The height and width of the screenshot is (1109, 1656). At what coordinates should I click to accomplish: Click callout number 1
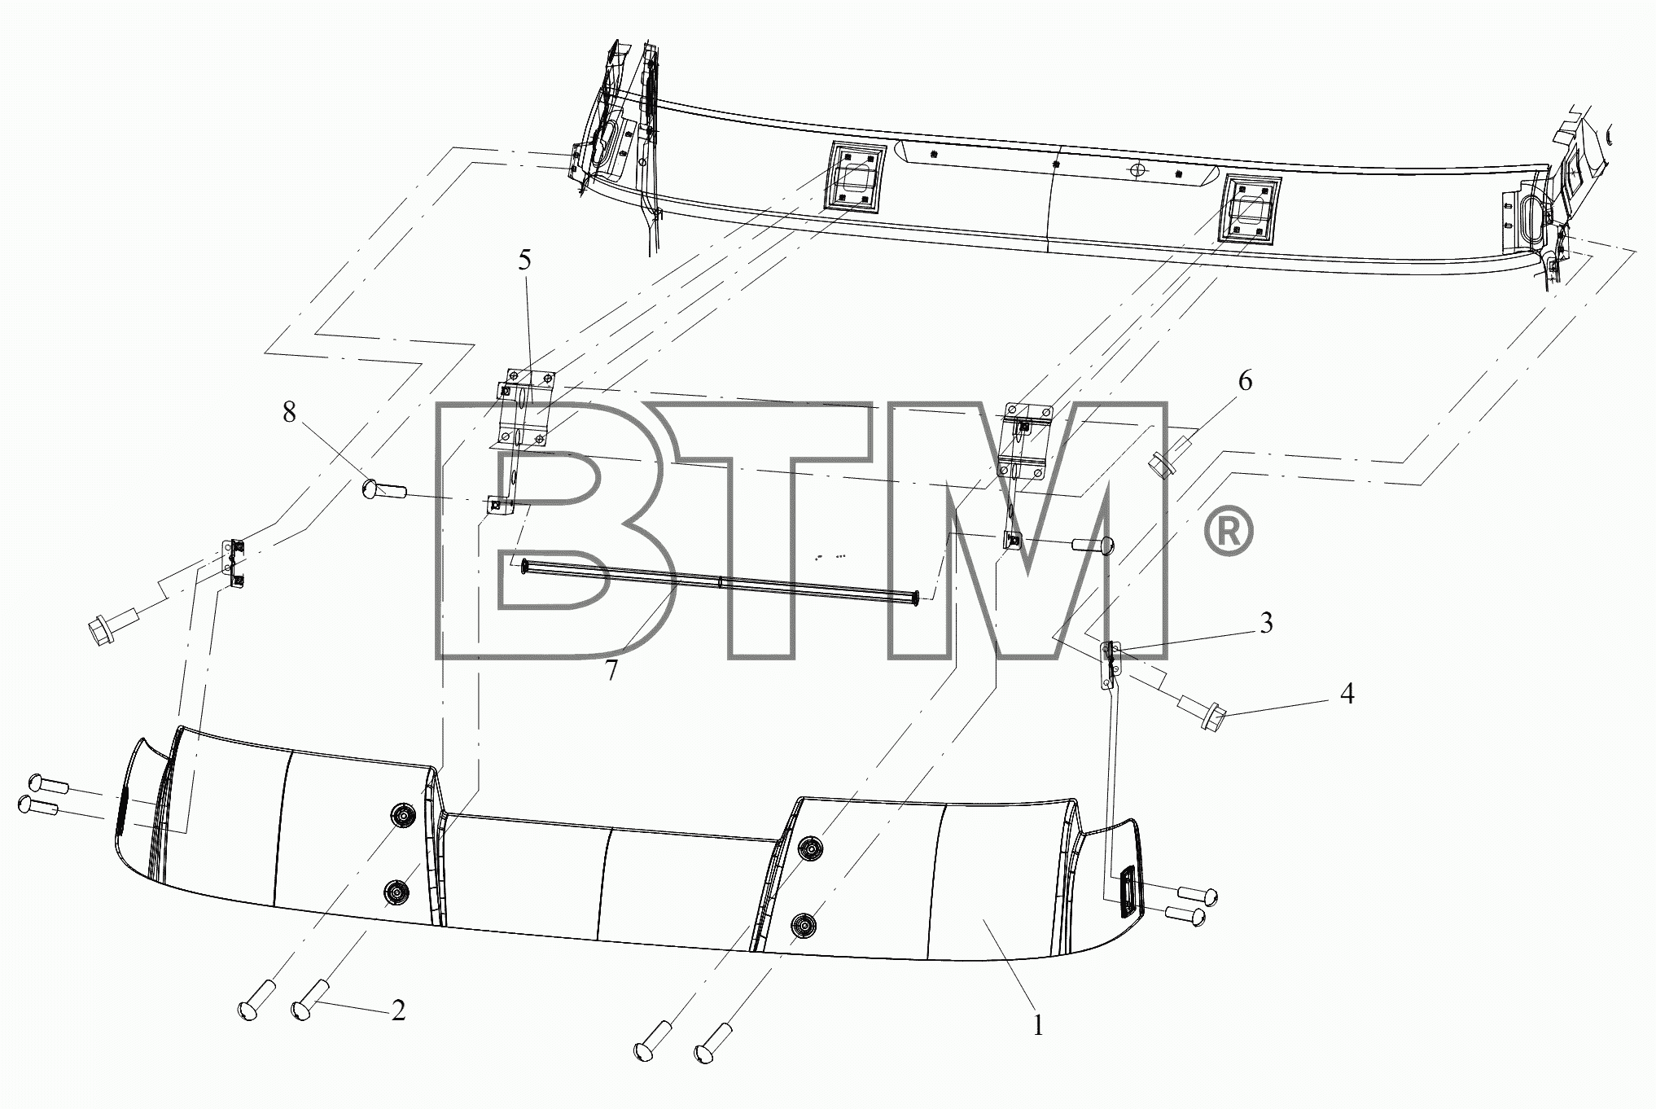tap(1037, 1025)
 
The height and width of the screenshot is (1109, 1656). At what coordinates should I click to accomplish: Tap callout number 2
tap(398, 1010)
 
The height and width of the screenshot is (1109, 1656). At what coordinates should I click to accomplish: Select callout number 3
tap(1266, 623)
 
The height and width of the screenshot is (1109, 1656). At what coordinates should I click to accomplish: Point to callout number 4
tap(1347, 694)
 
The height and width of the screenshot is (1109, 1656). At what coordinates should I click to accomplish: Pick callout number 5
tap(524, 261)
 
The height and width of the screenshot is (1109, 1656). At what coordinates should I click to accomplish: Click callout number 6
tap(1245, 380)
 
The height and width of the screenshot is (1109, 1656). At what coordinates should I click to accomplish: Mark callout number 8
tap(289, 412)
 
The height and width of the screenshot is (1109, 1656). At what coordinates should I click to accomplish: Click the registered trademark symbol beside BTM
tap(1229, 531)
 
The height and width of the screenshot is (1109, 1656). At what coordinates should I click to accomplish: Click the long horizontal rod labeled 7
tap(721, 583)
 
